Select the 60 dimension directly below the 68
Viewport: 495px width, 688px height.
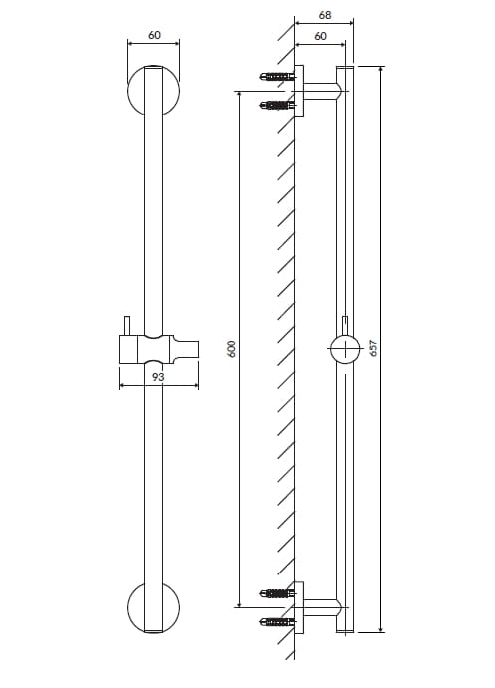click(319, 36)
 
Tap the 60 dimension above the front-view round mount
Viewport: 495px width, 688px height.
click(154, 35)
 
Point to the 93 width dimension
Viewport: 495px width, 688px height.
click(158, 377)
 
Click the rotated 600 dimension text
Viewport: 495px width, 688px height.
click(231, 348)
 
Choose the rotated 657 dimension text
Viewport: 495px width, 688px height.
click(373, 347)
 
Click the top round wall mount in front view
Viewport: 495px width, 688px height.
click(154, 92)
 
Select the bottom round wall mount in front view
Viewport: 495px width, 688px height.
click(154, 607)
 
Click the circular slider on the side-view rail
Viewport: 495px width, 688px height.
click(344, 350)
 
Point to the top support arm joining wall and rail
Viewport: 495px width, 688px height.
click(322, 91)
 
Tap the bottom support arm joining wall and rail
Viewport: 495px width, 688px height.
click(322, 607)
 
